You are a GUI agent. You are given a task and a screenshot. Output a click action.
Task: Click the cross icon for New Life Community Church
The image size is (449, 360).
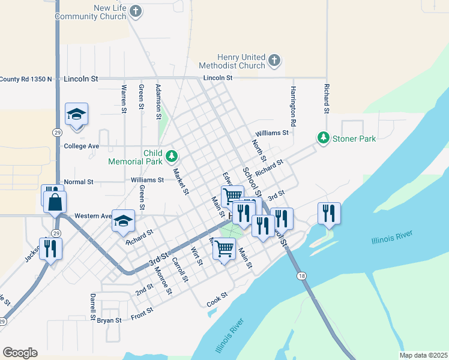click(x=136, y=11)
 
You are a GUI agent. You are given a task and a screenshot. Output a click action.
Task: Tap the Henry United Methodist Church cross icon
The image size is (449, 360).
click(x=274, y=60)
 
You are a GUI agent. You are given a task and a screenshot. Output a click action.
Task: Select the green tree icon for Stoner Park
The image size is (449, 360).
click(x=324, y=138)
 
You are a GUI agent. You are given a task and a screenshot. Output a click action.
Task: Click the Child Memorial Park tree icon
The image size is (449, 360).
click(x=172, y=157)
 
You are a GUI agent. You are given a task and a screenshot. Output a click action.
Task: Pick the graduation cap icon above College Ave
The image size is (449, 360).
click(x=77, y=115)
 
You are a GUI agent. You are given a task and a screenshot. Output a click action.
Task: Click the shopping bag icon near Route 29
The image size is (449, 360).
click(x=55, y=202)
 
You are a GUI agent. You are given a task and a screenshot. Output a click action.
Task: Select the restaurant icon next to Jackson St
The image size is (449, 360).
click(x=50, y=248)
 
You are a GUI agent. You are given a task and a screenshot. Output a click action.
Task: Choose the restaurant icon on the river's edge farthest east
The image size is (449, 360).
click(x=329, y=213)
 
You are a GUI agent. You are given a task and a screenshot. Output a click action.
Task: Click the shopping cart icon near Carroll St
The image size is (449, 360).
click(x=224, y=247)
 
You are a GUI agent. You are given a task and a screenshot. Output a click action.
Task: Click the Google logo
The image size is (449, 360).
click(x=20, y=353)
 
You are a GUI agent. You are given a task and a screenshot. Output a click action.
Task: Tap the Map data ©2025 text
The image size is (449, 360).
click(x=422, y=355)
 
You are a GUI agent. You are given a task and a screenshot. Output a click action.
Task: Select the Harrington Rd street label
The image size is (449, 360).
click(x=293, y=106)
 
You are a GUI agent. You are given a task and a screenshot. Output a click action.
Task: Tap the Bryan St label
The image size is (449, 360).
click(x=109, y=320)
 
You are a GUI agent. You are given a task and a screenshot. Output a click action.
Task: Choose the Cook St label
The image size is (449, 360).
click(x=217, y=298)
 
